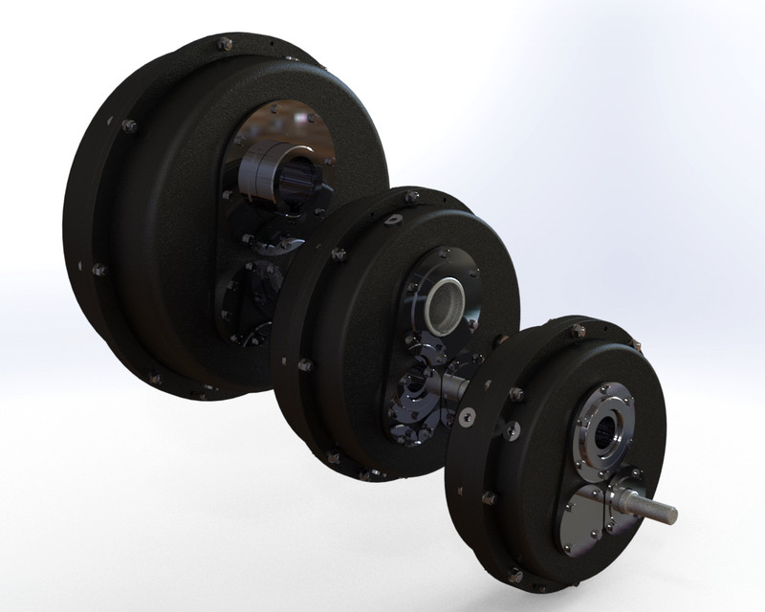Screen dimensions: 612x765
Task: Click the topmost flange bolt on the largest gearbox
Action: click(x=226, y=44)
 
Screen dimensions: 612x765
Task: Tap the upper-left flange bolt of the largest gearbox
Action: click(x=129, y=125)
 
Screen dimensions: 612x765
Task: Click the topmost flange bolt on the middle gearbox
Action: click(x=411, y=198)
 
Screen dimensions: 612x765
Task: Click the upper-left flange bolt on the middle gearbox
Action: click(x=338, y=254)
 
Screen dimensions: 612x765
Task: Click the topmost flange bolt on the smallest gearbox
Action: click(x=579, y=331)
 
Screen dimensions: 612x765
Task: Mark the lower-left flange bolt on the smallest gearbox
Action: click(x=489, y=497)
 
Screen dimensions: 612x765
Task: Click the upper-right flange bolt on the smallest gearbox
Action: click(x=635, y=345)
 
